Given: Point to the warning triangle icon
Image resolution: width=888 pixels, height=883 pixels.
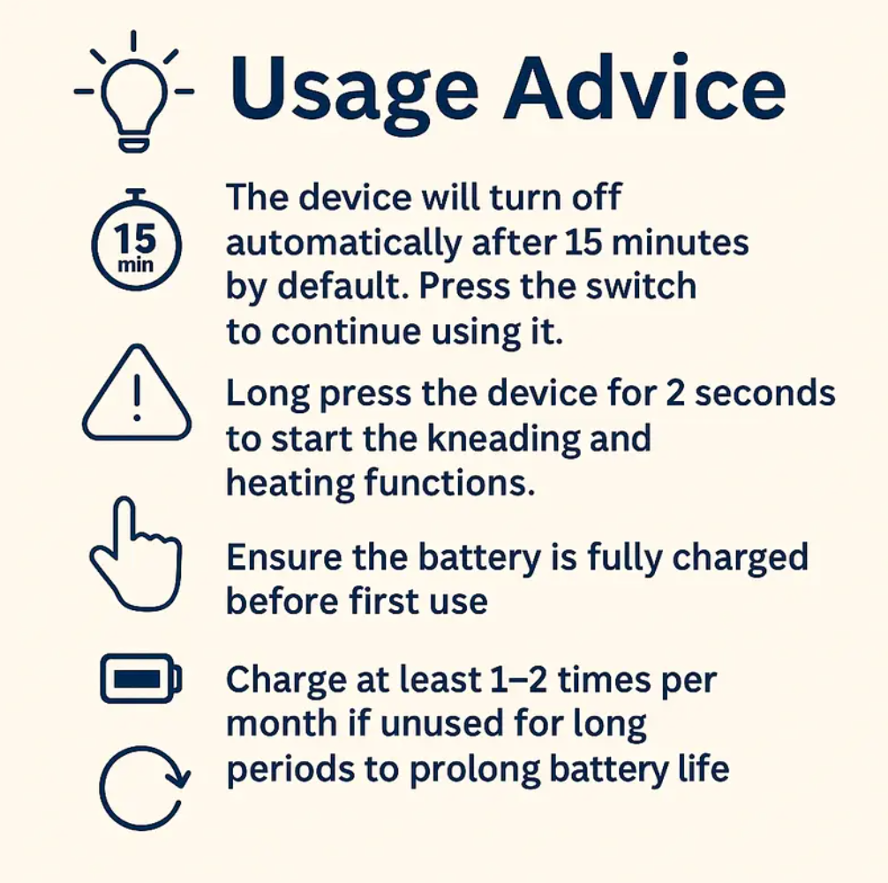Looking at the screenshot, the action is click(x=137, y=393).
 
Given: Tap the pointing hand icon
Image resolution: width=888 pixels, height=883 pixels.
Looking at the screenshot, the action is click(x=136, y=554).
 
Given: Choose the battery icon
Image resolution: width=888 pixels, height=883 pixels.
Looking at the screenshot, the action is click(x=141, y=678).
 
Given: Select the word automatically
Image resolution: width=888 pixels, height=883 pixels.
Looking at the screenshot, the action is click(x=343, y=244).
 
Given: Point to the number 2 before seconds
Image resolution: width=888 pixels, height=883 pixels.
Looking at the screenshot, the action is click(x=675, y=394).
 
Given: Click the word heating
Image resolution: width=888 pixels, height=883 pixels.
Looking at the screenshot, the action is click(x=290, y=484).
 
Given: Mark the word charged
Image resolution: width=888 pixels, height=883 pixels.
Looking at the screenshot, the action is click(x=740, y=559).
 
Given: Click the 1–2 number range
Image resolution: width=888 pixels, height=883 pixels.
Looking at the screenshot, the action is click(x=518, y=679).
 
